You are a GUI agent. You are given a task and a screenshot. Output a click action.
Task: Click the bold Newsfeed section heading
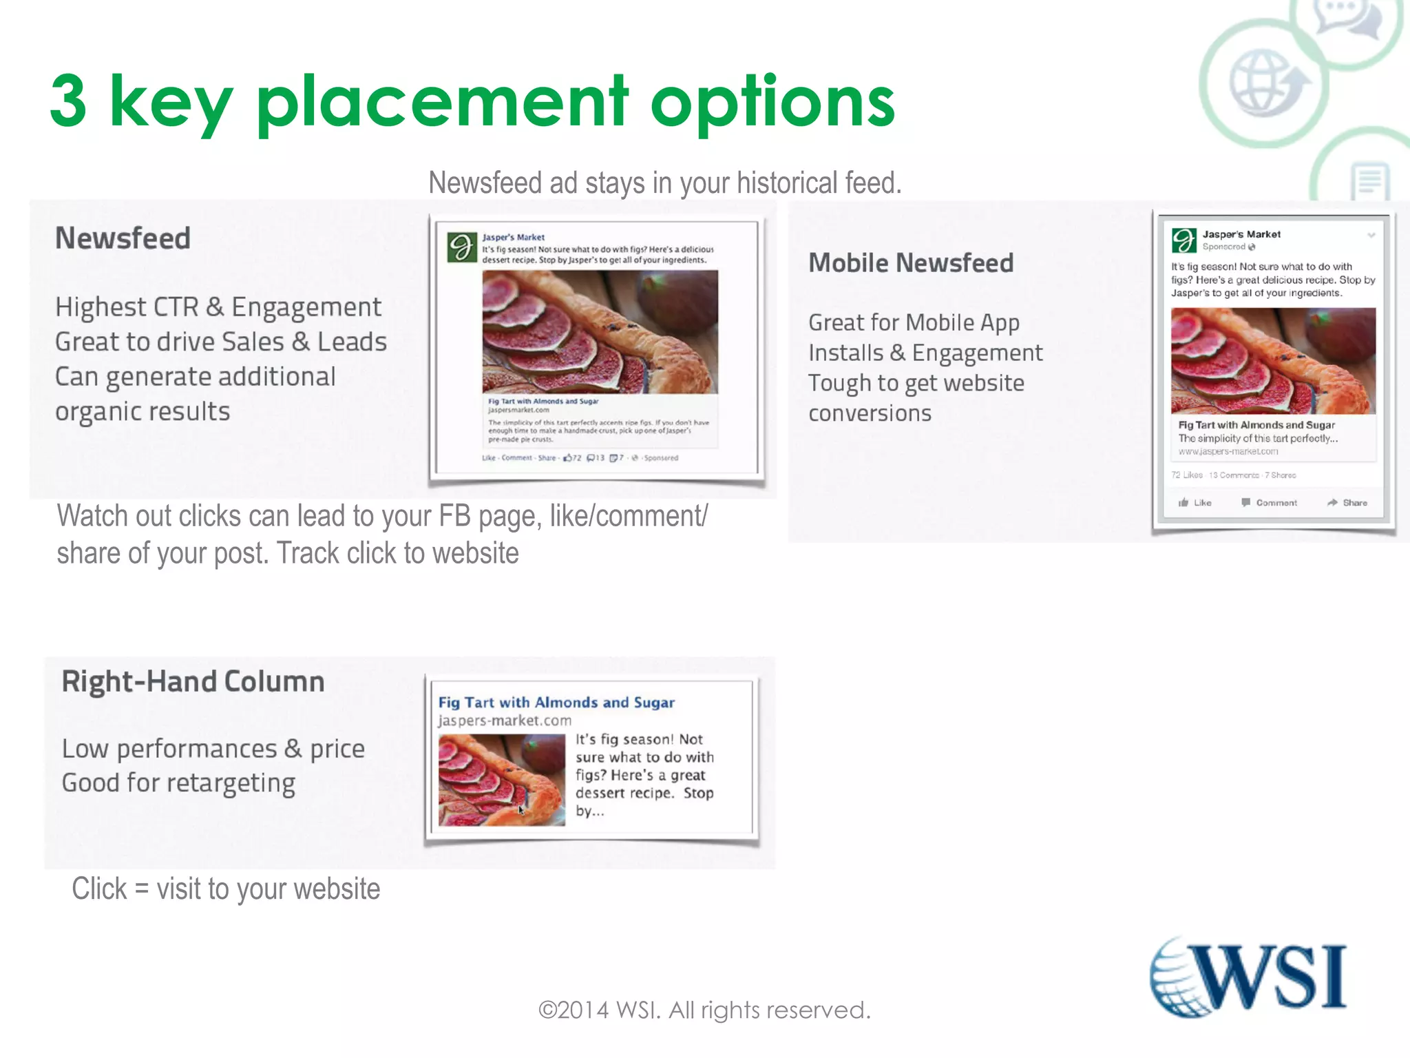[x=123, y=238]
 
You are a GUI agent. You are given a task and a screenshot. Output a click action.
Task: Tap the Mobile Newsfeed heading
[x=910, y=263]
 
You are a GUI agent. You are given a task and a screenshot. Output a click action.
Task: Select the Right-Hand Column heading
[x=193, y=681]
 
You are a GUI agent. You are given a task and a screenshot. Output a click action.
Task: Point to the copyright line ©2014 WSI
[x=704, y=1010]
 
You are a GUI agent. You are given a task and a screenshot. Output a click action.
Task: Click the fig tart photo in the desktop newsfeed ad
[x=600, y=331]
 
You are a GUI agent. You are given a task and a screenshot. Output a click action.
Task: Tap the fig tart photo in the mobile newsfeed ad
[x=1273, y=360]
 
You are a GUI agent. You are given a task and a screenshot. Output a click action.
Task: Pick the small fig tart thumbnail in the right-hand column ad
[x=501, y=779]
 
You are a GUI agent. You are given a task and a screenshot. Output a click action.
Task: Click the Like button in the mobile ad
[x=1195, y=503]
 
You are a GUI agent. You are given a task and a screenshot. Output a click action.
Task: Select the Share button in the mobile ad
[x=1347, y=503]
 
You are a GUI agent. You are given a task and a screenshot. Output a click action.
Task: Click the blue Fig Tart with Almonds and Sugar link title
[x=556, y=703]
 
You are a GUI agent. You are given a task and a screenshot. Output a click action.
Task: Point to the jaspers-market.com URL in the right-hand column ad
[x=505, y=720]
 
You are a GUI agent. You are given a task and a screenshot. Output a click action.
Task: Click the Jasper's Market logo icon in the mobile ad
[x=1184, y=240]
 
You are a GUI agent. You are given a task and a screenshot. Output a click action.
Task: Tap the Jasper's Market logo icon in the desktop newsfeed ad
[x=462, y=247]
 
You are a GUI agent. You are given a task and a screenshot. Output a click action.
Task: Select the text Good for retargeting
[x=178, y=783]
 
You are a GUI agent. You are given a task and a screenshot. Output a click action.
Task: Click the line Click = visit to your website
[x=226, y=889]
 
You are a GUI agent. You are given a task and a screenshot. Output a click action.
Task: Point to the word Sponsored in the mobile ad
[x=1224, y=247]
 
